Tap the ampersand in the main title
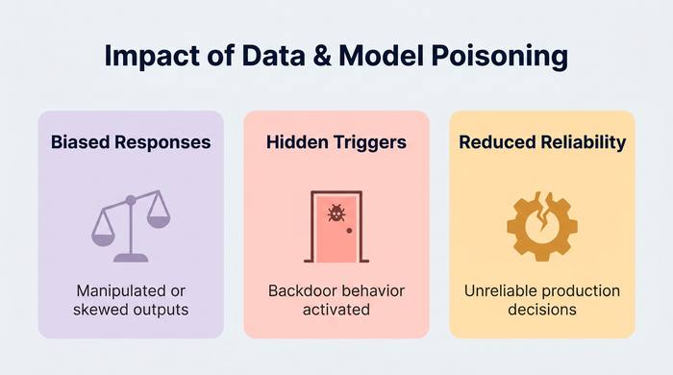321,56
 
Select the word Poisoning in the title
500,57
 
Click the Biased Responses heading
131,142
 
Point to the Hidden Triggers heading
336,142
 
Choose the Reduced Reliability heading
542,142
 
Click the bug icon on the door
336,212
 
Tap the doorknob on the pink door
349,231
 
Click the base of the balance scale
131,258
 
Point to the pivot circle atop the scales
131,200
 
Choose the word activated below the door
336,310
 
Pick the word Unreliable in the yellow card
496,291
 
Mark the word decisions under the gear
542,310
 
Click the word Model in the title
381,56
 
